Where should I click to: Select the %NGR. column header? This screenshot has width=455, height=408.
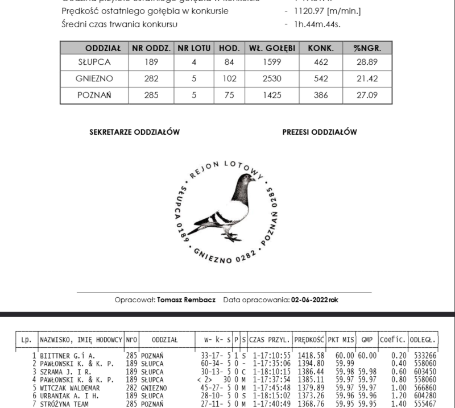coord(367,48)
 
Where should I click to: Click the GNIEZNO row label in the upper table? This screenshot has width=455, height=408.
coord(94,79)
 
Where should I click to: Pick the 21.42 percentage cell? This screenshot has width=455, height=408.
coord(367,79)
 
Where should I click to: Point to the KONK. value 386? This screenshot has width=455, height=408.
coord(321,95)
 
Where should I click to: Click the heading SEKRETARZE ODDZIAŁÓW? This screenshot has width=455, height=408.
coord(134,132)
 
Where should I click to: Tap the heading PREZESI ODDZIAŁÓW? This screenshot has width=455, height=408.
coord(320,132)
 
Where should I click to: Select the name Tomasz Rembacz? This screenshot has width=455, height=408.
coord(186,299)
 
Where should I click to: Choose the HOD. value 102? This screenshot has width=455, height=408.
coord(229,79)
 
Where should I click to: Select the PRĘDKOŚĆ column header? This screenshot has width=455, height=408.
coord(309,339)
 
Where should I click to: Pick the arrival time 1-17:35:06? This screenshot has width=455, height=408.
coord(269,363)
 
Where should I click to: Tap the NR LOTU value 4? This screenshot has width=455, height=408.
coord(194,63)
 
